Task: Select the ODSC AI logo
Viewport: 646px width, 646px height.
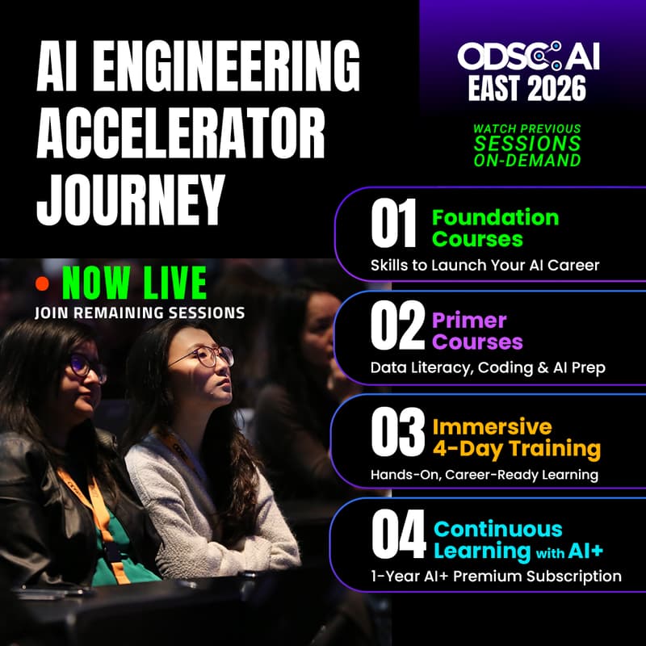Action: (529, 57)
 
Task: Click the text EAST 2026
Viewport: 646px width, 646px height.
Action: (528, 88)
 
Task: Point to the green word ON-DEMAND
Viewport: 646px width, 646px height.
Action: (526, 160)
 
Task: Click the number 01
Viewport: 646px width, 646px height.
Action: (394, 226)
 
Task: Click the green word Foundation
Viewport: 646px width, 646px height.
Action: (495, 217)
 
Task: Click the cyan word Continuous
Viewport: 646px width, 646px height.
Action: (497, 529)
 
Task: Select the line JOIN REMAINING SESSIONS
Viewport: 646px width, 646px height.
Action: (140, 312)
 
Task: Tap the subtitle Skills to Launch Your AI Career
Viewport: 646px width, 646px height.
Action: (484, 264)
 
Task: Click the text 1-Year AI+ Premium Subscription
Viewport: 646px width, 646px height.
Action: (496, 576)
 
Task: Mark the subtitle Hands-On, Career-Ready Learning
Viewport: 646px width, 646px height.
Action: (484, 474)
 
